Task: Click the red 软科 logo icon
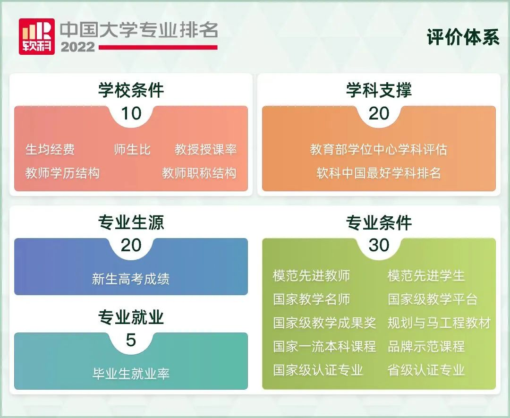(36, 36)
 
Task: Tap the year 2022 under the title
(77, 47)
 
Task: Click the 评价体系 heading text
(463, 37)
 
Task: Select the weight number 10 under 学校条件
(131, 113)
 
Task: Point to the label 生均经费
(50, 150)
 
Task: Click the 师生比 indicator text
(132, 150)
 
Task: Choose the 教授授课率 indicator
(205, 150)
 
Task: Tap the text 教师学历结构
(62, 173)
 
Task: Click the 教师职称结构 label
(199, 173)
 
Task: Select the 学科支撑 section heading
(379, 90)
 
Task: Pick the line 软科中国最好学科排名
(379, 173)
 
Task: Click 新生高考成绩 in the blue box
(131, 279)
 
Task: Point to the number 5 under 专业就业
(131, 340)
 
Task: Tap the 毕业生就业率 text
(131, 374)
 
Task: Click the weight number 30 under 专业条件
(379, 245)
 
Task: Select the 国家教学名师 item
(311, 299)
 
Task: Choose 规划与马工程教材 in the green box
(439, 323)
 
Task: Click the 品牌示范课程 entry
(426, 347)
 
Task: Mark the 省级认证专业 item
(426, 370)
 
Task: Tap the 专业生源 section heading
(131, 222)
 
